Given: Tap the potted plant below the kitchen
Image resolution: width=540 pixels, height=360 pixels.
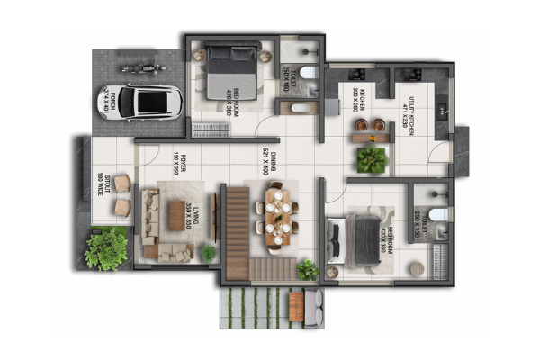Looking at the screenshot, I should pos(370,160).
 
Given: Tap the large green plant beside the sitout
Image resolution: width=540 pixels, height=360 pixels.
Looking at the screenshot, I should pos(106,247).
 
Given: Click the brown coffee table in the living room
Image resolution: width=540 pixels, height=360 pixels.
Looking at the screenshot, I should pos(176,214).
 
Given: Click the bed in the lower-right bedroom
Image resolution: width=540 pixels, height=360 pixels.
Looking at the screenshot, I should pos(360,240).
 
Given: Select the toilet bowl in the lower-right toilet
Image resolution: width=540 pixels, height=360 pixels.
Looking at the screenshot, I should pos(437,214).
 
